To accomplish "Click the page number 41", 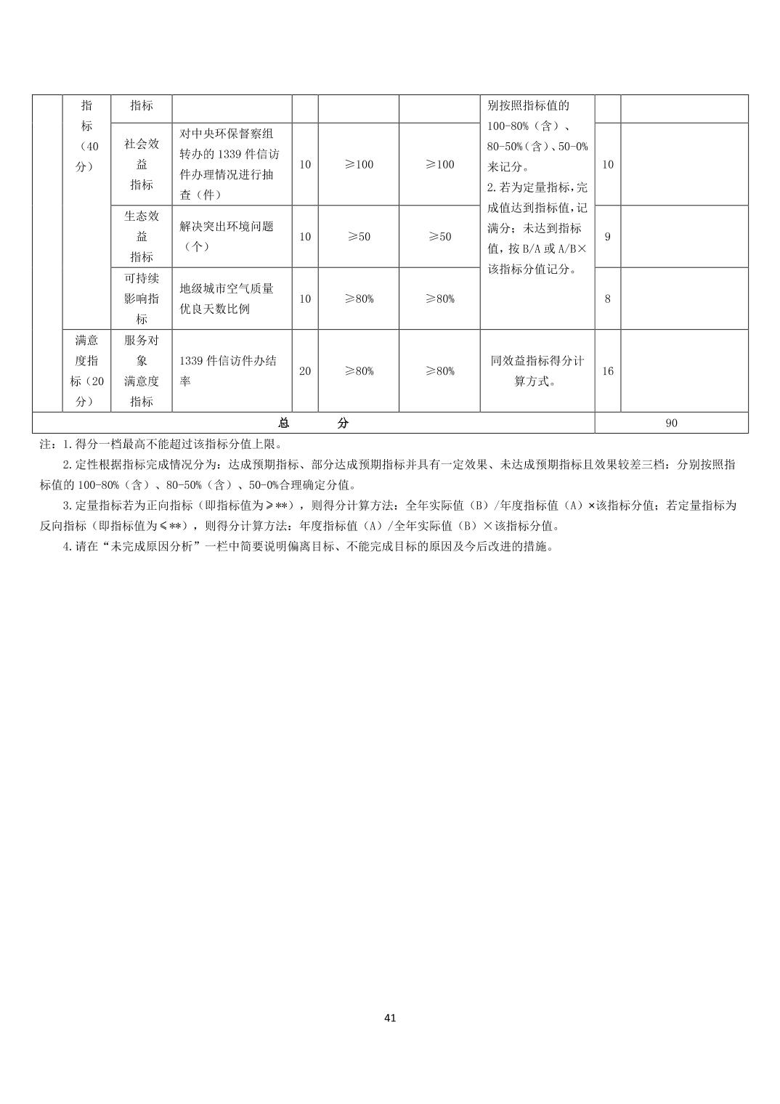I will (390, 1018).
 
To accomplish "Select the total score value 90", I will (671, 423).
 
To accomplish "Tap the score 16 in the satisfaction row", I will (608, 371).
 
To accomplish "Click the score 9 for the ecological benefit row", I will (608, 237).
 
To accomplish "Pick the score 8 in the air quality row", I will (608, 299).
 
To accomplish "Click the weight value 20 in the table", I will (305, 371).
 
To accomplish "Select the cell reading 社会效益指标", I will (142, 164).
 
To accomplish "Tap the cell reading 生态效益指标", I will (142, 237).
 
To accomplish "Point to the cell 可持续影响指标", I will (142, 299).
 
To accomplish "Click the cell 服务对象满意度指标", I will (142, 371).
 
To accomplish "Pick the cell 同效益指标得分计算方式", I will (537, 371).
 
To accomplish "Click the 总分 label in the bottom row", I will (313, 423).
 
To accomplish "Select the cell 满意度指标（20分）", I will (86, 371).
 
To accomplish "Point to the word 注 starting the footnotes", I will (45, 445).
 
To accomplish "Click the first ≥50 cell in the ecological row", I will (359, 237).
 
